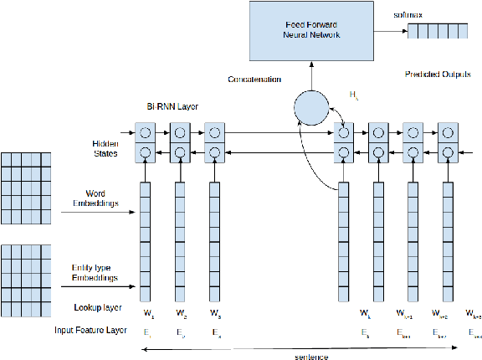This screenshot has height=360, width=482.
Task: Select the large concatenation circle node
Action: click(311, 108)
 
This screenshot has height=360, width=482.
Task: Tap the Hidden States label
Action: click(105, 148)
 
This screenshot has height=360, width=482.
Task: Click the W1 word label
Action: click(149, 314)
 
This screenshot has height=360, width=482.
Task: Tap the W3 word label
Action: click(217, 314)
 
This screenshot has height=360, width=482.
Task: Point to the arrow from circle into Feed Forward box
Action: click(311, 78)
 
